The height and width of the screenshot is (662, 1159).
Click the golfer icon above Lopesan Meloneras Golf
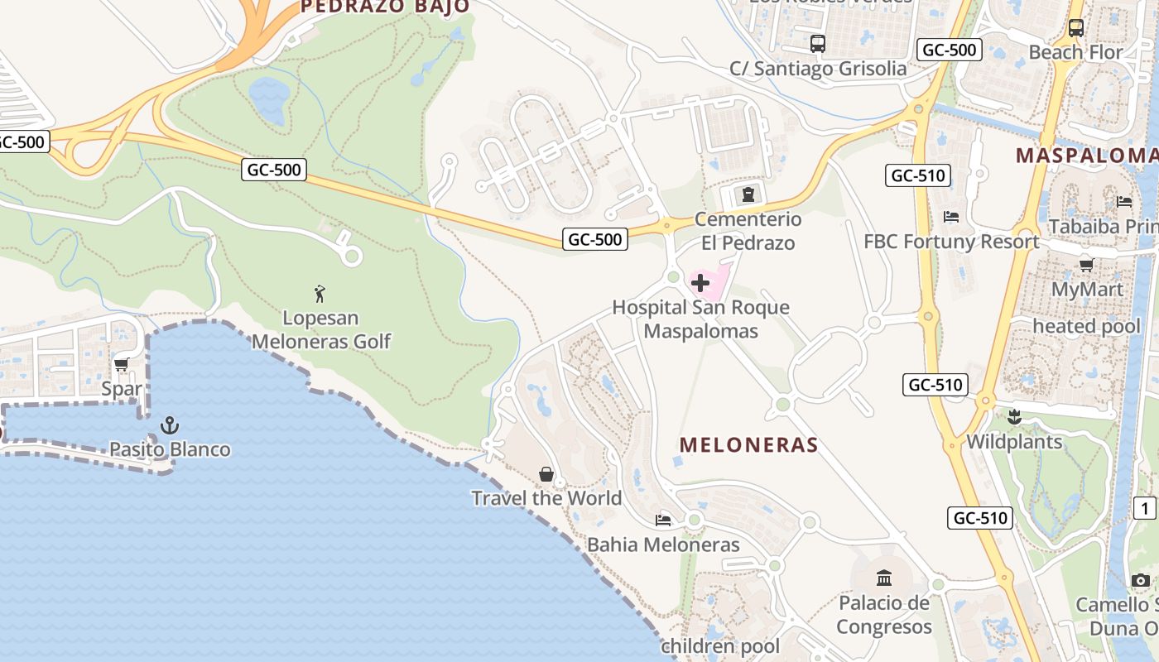(320, 293)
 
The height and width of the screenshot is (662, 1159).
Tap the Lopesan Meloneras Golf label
(321, 329)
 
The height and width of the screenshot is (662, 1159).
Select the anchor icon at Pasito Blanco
(170, 425)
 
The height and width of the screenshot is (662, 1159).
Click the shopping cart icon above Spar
(122, 364)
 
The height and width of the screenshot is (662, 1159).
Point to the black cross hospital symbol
(700, 284)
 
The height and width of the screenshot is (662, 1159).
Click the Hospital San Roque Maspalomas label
(700, 319)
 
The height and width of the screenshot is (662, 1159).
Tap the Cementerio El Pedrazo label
(748, 231)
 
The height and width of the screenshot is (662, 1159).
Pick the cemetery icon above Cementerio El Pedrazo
(748, 194)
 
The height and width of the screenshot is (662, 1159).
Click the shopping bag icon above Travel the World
(546, 474)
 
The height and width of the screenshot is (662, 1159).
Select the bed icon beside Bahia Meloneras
(663, 520)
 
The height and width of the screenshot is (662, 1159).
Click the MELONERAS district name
(748, 445)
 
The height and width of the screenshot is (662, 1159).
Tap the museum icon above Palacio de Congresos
(884, 578)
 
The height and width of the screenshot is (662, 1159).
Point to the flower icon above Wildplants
(1014, 417)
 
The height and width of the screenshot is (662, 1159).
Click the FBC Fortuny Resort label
(951, 242)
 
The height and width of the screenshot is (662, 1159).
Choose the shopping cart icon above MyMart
(1086, 265)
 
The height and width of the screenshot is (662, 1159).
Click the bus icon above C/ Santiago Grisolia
(818, 44)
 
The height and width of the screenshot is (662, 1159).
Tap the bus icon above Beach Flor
(1076, 27)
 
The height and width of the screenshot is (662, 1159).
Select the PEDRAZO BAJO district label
(385, 7)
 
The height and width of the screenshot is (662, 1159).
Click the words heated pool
(1086, 326)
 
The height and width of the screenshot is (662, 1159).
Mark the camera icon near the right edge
(1141, 581)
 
